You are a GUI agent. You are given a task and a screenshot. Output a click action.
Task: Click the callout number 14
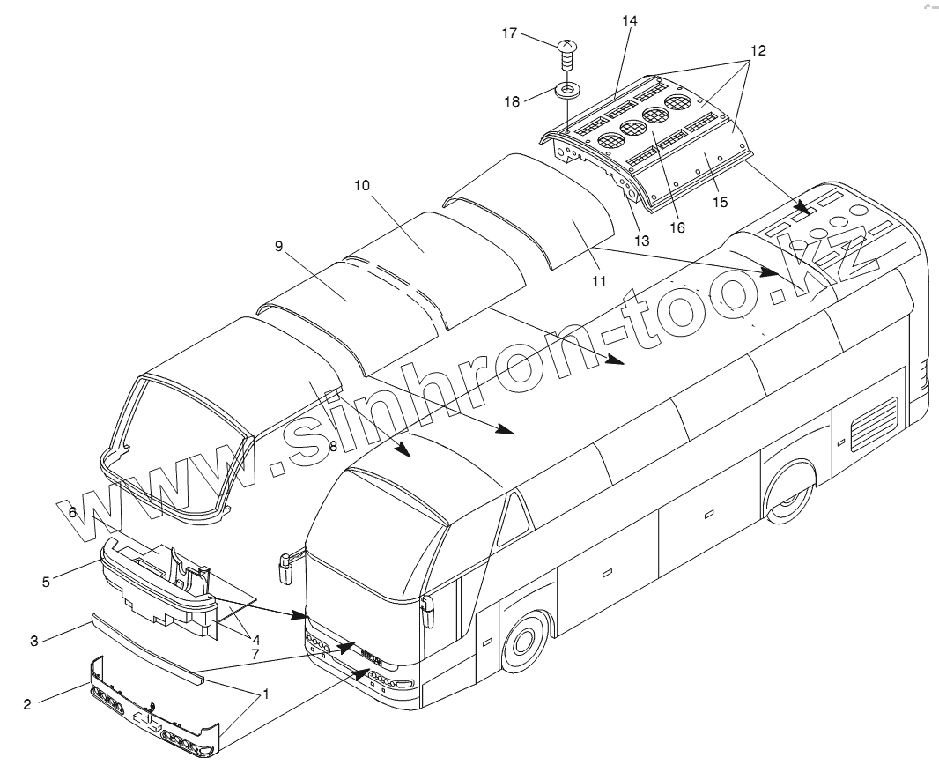[629, 20]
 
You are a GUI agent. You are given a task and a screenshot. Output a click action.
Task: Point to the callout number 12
[757, 51]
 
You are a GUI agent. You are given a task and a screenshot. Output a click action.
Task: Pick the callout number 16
[677, 227]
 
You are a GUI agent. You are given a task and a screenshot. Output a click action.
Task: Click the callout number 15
[721, 202]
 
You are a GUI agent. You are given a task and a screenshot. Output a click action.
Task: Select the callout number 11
[599, 282]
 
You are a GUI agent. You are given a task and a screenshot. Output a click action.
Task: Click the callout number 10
[363, 186]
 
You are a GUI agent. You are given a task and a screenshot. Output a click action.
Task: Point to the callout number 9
[278, 247]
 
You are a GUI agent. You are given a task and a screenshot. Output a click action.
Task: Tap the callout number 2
[27, 704]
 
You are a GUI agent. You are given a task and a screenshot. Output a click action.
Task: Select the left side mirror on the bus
[285, 567]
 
